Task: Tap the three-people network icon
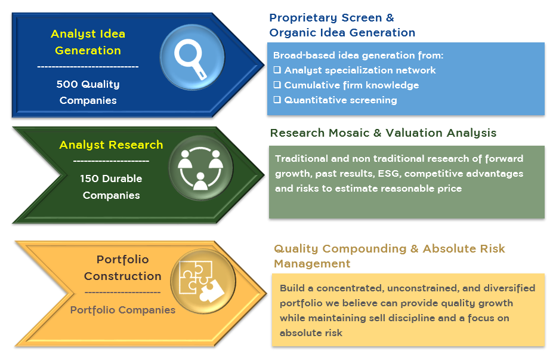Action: click(200, 168)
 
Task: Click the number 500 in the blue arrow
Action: click(67, 85)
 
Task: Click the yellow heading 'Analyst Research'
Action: click(111, 145)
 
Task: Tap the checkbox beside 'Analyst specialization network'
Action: click(277, 70)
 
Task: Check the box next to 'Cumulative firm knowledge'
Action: click(277, 85)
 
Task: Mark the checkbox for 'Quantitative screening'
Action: click(277, 100)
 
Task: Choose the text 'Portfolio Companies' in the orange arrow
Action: click(123, 310)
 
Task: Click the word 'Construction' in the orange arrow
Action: click(123, 276)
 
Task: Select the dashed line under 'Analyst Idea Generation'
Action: click(88, 67)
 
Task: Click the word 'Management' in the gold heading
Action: click(312, 264)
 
